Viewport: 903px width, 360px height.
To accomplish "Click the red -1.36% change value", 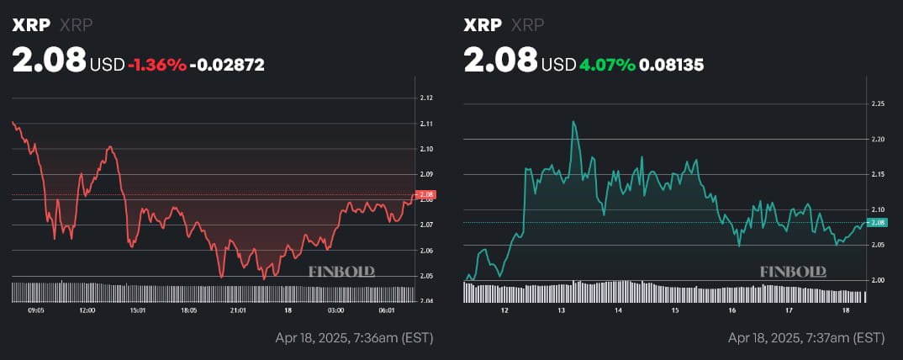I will [157, 64].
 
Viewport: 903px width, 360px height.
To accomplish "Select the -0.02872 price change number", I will [227, 64].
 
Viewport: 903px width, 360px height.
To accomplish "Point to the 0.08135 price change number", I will [672, 64].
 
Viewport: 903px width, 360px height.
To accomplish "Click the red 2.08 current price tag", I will [425, 195].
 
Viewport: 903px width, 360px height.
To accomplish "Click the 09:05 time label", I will [36, 310].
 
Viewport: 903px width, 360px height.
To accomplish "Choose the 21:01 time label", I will [238, 310].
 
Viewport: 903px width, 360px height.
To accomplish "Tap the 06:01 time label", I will [388, 310].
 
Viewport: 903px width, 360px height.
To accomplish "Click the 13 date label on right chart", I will [561, 310].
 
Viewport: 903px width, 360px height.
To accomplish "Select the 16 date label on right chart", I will [732, 310].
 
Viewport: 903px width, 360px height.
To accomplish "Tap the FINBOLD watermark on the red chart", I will [341, 272].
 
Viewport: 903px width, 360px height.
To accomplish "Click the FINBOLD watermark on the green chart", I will [793, 272].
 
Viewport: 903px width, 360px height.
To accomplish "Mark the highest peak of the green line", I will [573, 121].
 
